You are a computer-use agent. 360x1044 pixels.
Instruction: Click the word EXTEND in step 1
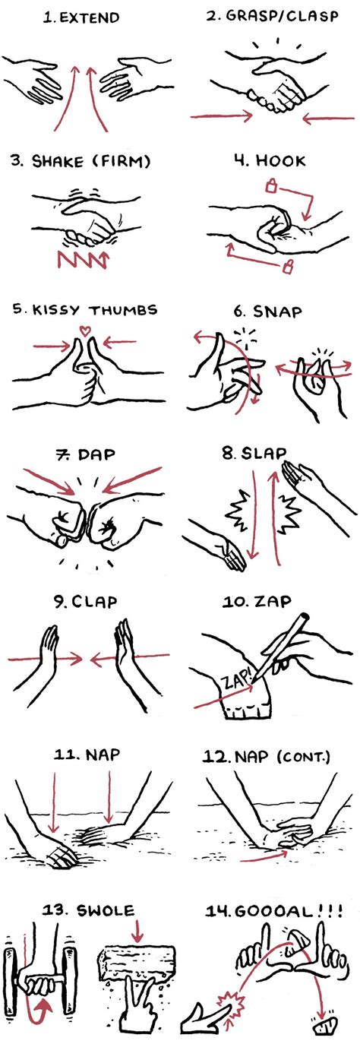pos(90,17)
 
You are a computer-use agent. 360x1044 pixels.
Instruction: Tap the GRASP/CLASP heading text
pos(273,16)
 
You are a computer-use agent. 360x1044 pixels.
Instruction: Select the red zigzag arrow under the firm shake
pos(83,259)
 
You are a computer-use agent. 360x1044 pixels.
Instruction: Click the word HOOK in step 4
pos(281,161)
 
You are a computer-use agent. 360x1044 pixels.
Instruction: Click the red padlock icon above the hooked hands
pos(271,186)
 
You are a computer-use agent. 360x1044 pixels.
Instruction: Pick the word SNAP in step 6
pos(277,312)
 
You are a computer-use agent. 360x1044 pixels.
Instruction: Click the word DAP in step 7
pos(96,454)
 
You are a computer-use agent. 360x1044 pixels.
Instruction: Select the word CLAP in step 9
pos(94,602)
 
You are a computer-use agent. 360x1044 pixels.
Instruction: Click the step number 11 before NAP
pos(65,754)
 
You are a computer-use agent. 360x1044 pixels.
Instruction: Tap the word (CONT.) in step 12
pos(304,756)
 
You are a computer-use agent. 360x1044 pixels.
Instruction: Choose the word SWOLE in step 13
pos(106,910)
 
